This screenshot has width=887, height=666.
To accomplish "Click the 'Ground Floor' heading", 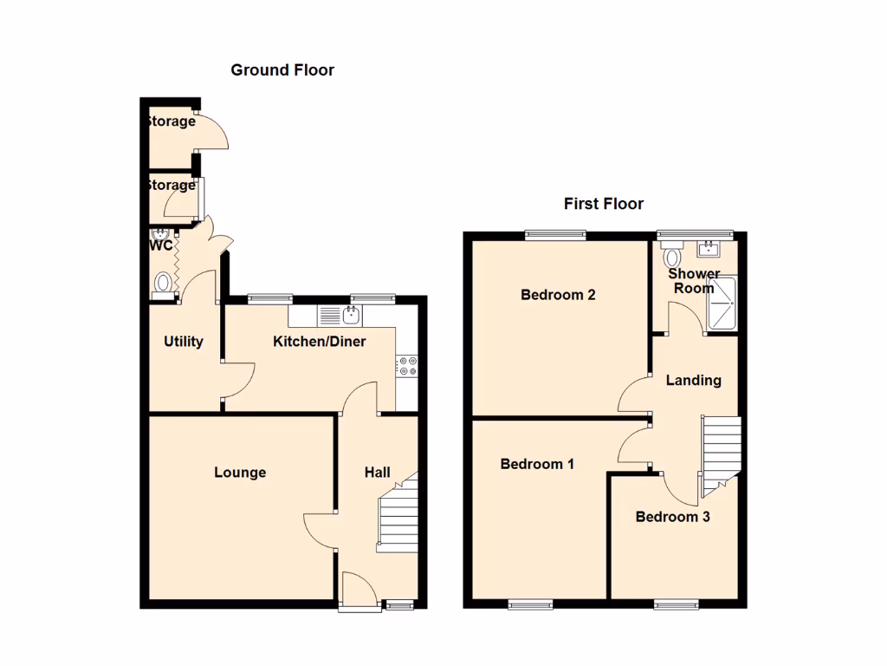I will (282, 70).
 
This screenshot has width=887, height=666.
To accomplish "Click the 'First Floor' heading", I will (604, 204).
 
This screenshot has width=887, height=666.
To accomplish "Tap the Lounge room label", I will (240, 473).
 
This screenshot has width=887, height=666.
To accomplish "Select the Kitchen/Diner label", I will (320, 342).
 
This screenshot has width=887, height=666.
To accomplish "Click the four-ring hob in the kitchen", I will (407, 366).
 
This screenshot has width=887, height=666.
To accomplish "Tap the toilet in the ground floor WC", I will (162, 283).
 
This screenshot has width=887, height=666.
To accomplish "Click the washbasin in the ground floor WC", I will (159, 234).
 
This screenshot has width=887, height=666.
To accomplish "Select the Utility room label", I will (184, 342).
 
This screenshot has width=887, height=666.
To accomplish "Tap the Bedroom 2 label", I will (558, 295).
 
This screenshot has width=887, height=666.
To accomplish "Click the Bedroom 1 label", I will (537, 464).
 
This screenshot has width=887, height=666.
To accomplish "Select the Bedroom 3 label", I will (673, 517).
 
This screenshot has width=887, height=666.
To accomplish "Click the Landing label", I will (693, 380).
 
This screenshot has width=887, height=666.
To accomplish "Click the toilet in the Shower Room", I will (672, 257).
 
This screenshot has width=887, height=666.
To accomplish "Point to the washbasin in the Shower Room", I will (708, 250).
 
